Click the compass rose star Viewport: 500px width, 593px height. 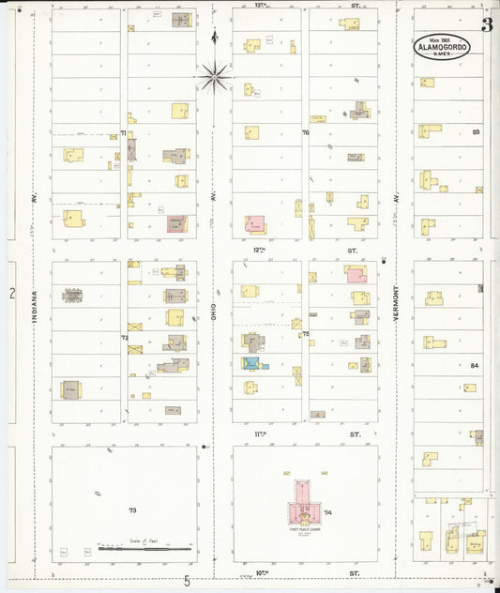pos(215,74)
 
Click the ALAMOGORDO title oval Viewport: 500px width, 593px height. pos(442,47)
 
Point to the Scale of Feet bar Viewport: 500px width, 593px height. pos(145,543)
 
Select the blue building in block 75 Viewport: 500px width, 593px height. pos(250,362)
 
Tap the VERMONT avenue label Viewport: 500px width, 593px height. pos(398,305)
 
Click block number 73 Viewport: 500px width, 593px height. pos(132,510)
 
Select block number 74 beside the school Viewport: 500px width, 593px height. pos(328,512)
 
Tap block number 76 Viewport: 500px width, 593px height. pos(305,133)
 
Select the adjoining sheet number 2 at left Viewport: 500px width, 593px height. pos(12,294)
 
